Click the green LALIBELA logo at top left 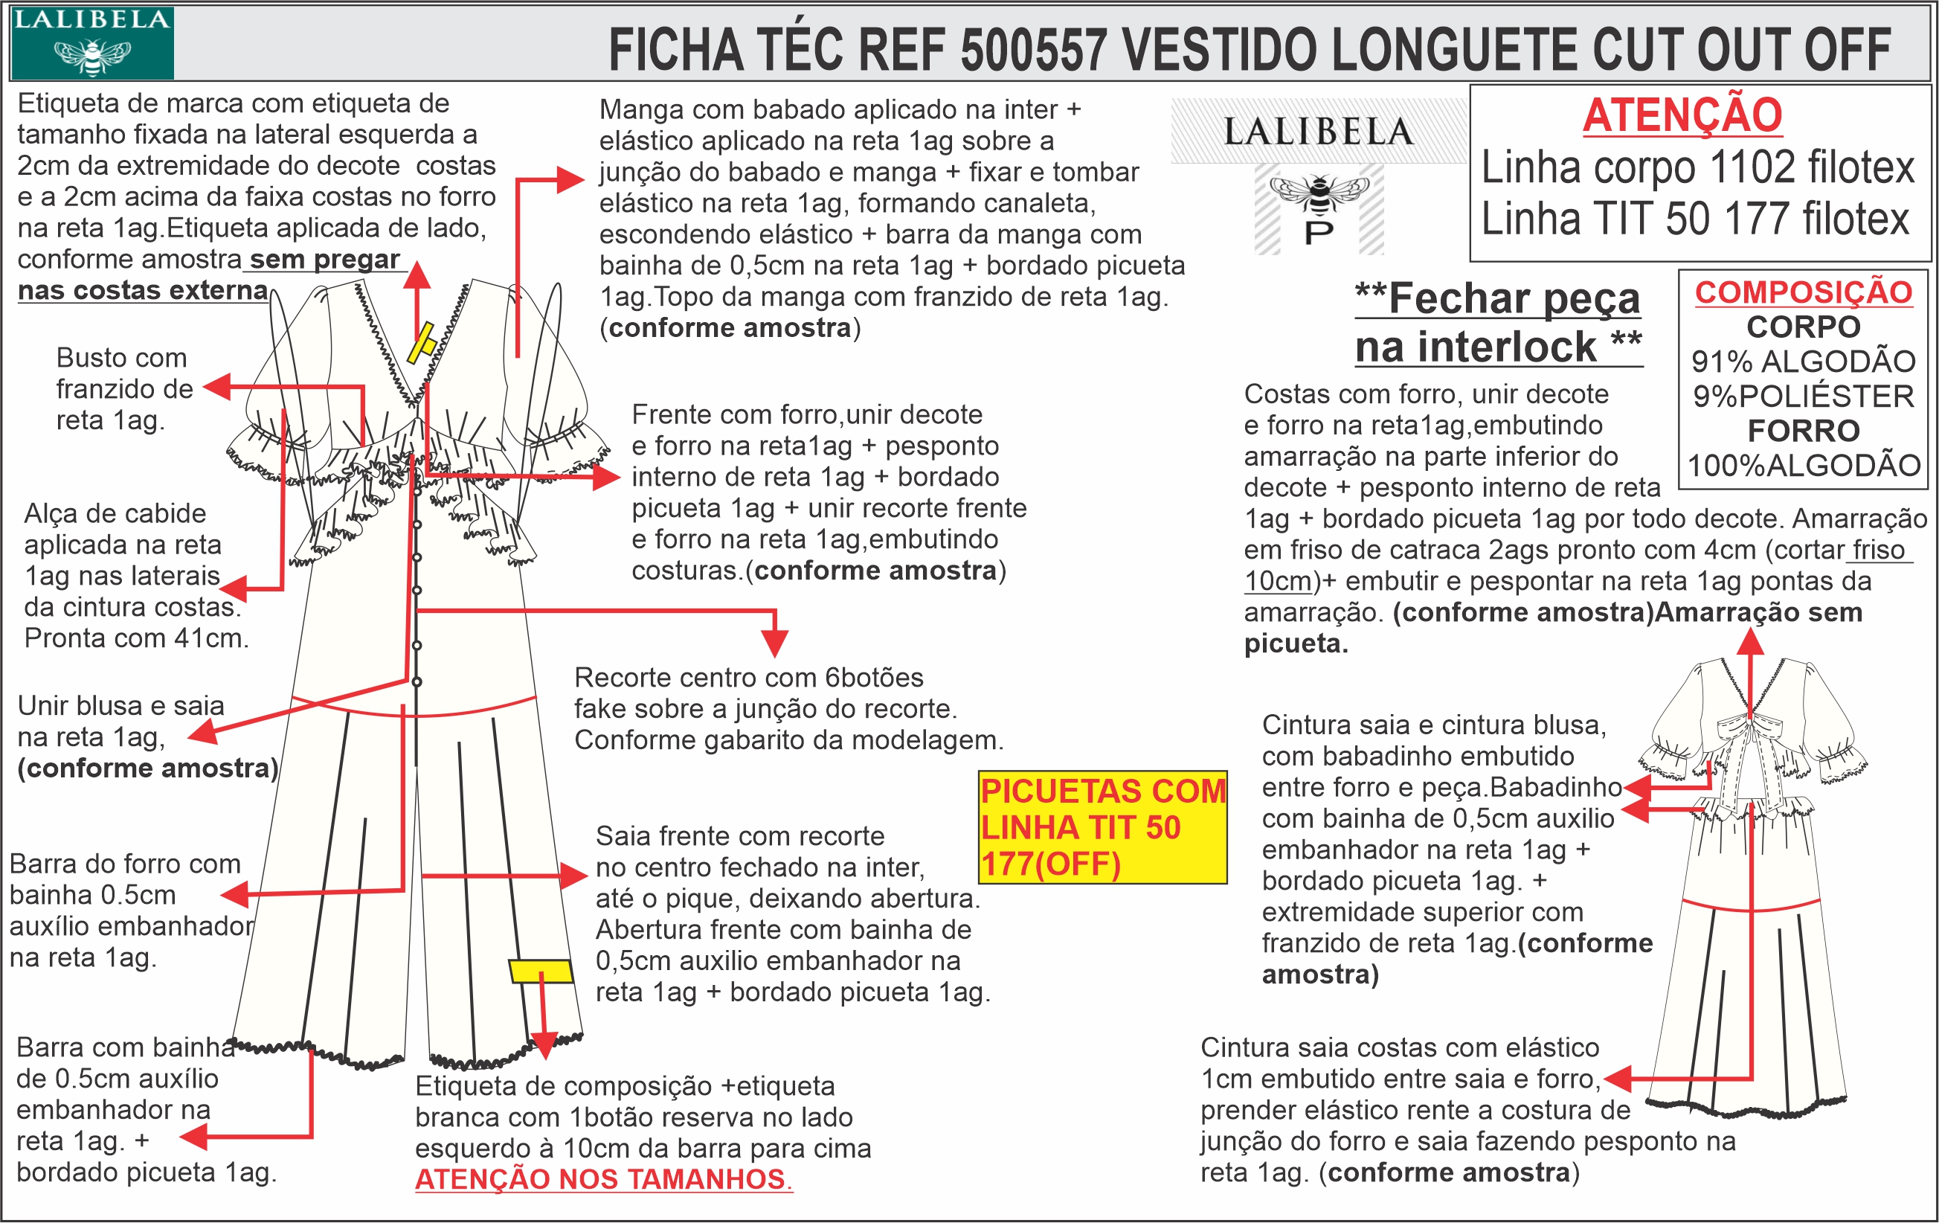click(x=91, y=42)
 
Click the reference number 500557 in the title click(x=1033, y=50)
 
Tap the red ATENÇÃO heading click(x=1682, y=115)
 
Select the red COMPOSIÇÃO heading click(x=1803, y=292)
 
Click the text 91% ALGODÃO click(x=1803, y=362)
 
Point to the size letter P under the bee click(x=1319, y=234)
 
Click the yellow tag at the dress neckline click(x=422, y=343)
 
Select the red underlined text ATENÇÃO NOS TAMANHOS click(x=603, y=1178)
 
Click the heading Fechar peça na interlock click(x=1498, y=322)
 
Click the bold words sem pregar click(x=324, y=259)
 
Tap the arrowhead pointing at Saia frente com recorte click(x=575, y=875)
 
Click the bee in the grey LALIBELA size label click(x=1319, y=190)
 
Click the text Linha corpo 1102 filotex click(x=1697, y=167)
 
